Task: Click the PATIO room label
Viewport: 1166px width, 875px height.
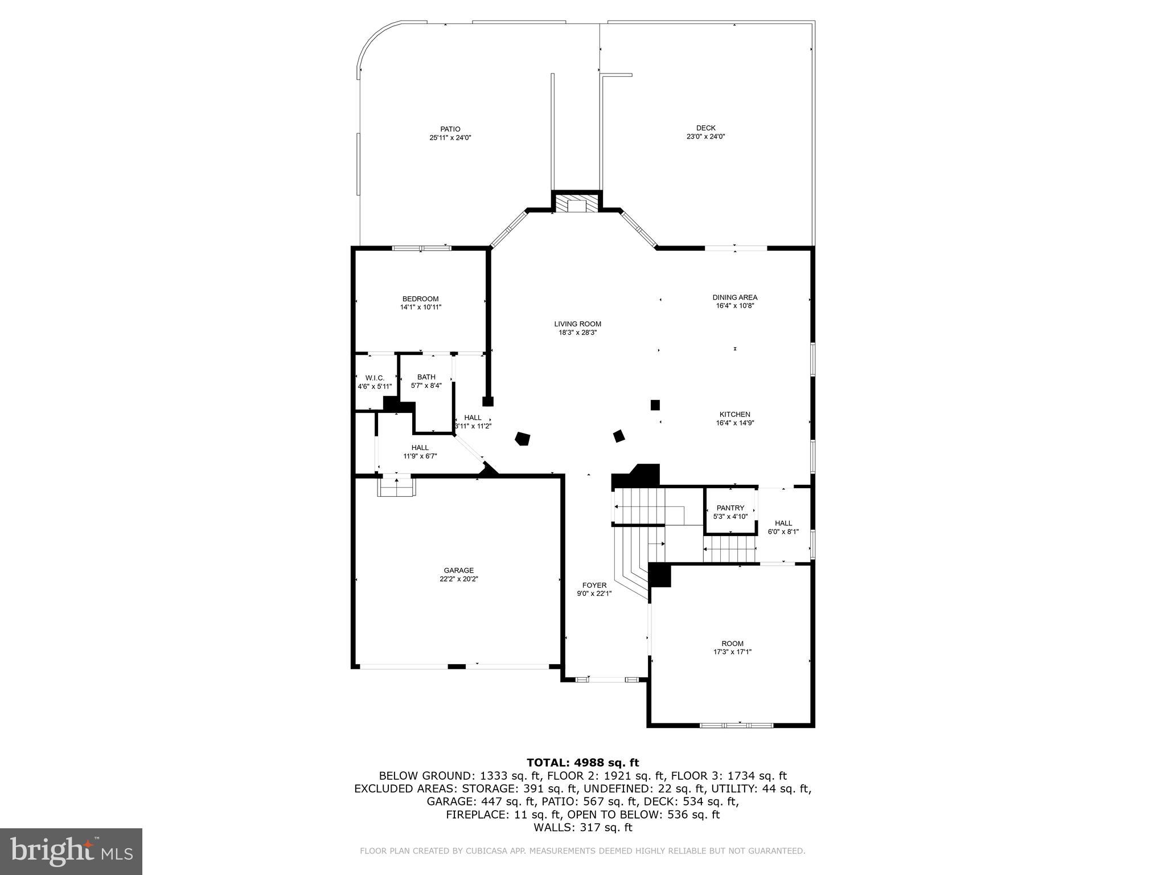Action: pos(450,129)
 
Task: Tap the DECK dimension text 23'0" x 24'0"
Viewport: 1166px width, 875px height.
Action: pos(705,137)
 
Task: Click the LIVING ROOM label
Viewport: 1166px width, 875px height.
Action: pos(577,324)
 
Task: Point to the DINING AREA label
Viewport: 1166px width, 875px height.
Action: pos(734,297)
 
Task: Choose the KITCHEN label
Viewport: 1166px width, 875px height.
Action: pos(734,415)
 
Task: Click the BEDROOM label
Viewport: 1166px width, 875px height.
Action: pos(420,299)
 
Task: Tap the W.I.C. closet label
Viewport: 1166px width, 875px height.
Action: pos(375,378)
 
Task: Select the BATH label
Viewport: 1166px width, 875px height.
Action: pos(426,377)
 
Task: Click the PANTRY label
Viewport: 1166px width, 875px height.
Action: pos(730,508)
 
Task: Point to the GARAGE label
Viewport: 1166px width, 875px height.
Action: pos(458,571)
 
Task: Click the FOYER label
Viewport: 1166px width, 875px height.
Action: pos(594,586)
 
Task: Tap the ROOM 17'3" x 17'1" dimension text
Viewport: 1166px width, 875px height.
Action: pos(732,652)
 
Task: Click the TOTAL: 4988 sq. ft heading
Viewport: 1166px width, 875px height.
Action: pos(582,763)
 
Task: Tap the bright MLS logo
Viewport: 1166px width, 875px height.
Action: pos(71,851)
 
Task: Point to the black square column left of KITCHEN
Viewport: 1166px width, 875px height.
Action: pos(655,405)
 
